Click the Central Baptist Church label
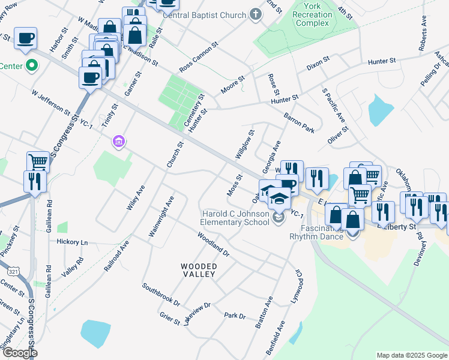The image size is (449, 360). click(x=205, y=15)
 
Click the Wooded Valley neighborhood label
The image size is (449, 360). click(x=198, y=269)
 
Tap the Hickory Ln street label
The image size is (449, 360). click(x=72, y=242)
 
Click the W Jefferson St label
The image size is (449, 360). click(x=51, y=102)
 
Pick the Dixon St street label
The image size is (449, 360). click(x=318, y=61)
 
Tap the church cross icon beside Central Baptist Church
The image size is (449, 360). click(x=255, y=14)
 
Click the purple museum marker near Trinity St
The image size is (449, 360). click(x=119, y=142)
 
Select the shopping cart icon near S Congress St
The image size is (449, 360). click(x=38, y=161)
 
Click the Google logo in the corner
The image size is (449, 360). click(x=19, y=353)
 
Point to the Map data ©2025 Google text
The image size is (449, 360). click(x=412, y=355)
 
